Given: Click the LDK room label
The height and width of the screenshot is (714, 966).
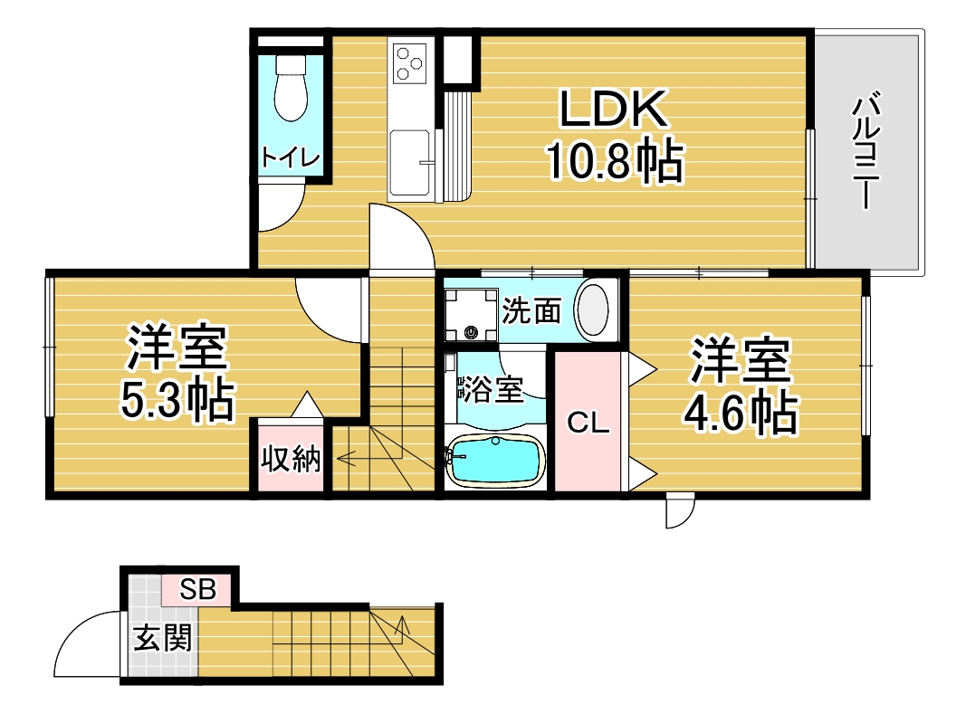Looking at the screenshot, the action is point(613,109).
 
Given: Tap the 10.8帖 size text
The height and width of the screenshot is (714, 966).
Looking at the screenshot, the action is point(616,161).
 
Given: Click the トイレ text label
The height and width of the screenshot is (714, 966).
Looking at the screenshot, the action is point(291,157).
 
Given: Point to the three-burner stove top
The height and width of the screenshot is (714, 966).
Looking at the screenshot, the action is point(410,64).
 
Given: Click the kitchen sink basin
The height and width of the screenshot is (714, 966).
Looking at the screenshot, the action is point(410,163).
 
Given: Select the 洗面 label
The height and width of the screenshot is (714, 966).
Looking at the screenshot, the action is point(531,310).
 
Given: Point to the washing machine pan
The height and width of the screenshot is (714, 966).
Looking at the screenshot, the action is point(472,314).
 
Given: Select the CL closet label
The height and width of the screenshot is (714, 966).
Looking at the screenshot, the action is point(588,424).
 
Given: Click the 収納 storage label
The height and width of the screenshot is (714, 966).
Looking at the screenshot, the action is point(291,458).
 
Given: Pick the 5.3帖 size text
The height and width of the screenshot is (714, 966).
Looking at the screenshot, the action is point(177,401).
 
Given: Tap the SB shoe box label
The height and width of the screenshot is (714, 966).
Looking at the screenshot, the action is point(197,589).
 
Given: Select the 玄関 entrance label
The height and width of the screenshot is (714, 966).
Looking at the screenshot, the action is point(163,638).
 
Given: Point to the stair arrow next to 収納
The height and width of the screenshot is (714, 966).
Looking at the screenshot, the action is point(369,458).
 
